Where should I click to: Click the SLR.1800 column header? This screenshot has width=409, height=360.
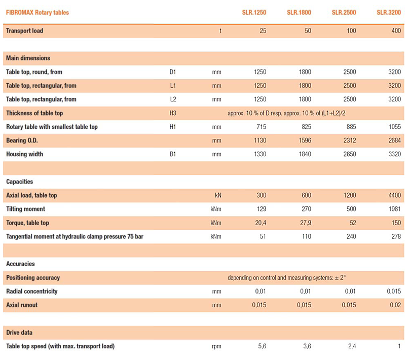pos(299,12)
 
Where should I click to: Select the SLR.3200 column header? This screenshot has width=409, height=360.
pos(389,12)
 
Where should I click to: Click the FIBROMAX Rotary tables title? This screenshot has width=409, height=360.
pos(38,12)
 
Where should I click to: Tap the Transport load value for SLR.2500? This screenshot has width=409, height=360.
pos(351,30)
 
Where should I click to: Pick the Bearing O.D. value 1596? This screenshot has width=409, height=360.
pos(305,140)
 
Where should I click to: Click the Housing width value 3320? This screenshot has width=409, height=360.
pos(394,154)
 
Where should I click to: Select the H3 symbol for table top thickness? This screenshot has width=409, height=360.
pos(173,113)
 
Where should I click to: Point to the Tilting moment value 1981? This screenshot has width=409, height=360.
pos(394,209)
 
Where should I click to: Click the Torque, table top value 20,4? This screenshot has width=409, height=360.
pos(261,223)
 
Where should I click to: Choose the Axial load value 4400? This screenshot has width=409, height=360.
pos(394,195)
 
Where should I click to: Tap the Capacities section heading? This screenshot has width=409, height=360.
pos(20,182)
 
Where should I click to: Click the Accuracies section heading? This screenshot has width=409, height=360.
pos(20,264)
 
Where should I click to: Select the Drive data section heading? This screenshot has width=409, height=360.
pos(19,332)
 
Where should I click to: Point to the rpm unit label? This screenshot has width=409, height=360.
pos(216,346)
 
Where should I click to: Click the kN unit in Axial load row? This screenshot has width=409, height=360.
pos(218,195)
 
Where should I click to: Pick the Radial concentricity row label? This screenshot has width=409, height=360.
pos(32,291)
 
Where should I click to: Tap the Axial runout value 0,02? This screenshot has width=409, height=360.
pos(395,305)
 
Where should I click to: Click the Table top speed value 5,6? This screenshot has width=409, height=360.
pos(262,346)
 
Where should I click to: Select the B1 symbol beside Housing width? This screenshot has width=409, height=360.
pos(173,154)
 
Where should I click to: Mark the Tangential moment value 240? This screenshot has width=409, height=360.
pos(351,236)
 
